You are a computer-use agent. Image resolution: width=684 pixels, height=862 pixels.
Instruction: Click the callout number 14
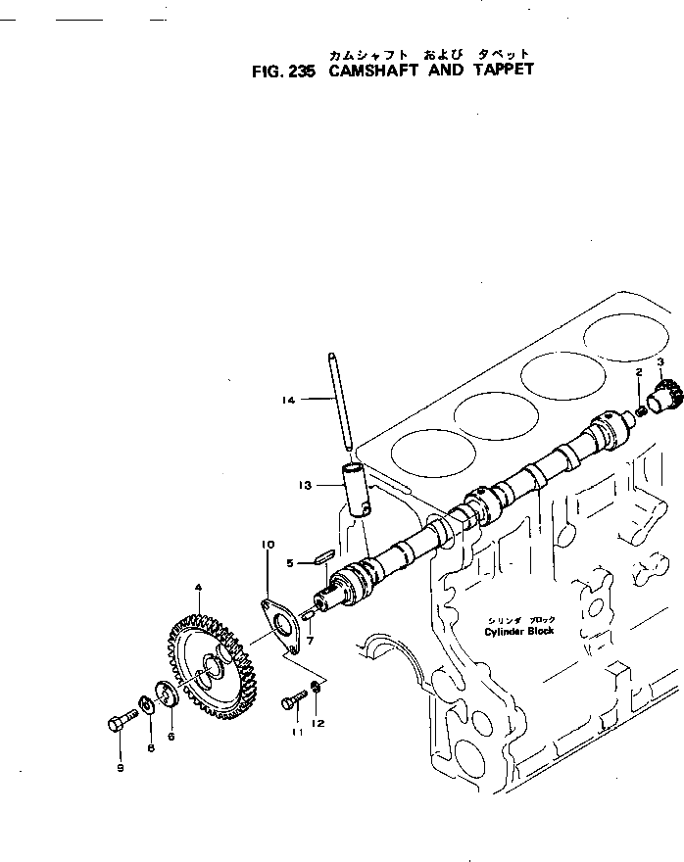click(x=286, y=399)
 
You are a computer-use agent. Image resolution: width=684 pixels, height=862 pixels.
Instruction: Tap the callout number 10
click(x=267, y=544)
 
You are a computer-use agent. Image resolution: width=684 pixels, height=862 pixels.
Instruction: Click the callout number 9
click(x=121, y=767)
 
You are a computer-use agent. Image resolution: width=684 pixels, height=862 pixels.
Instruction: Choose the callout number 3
click(x=660, y=361)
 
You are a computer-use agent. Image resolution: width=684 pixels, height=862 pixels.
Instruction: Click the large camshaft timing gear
click(x=206, y=661)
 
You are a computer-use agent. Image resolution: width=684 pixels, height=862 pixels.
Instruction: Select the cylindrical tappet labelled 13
click(x=355, y=489)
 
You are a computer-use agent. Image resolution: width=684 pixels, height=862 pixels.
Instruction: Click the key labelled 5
click(x=319, y=559)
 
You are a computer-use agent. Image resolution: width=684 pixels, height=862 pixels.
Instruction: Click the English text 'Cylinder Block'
click(x=519, y=631)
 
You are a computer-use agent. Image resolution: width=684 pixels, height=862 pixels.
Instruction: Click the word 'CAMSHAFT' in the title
click(x=369, y=71)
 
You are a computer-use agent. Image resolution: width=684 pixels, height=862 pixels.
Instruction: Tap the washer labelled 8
click(x=146, y=705)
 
